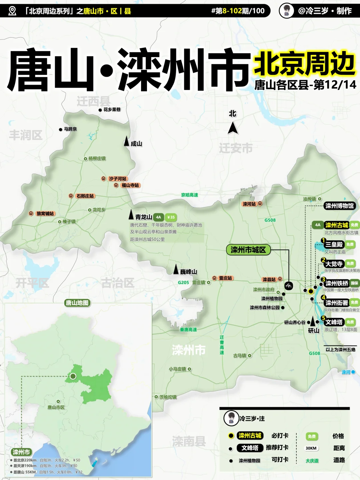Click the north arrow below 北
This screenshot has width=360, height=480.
(233, 128)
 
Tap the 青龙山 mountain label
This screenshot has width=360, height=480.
(144, 217)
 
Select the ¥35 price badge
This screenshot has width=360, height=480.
(171, 217)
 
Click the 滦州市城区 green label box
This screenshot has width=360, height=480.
(248, 250)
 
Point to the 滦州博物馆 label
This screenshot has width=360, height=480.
(339, 206)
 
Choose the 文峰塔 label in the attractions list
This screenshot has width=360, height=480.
(334, 322)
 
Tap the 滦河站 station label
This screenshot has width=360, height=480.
(249, 204)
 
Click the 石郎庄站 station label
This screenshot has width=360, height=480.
(85, 196)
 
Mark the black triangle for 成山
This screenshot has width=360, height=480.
(126, 141)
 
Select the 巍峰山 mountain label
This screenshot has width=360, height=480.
(188, 272)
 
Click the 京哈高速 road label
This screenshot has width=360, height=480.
(189, 195)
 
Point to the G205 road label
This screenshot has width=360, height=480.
(183, 282)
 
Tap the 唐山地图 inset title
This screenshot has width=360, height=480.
(77, 303)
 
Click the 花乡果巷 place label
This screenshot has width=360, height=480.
(112, 109)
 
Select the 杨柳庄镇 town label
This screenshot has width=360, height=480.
(97, 159)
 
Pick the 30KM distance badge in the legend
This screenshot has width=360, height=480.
(311, 448)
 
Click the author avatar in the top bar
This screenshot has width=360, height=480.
(286, 11)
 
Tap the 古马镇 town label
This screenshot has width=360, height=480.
(240, 356)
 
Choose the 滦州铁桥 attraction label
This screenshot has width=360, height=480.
(337, 283)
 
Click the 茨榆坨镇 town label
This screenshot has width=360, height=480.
(168, 397)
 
